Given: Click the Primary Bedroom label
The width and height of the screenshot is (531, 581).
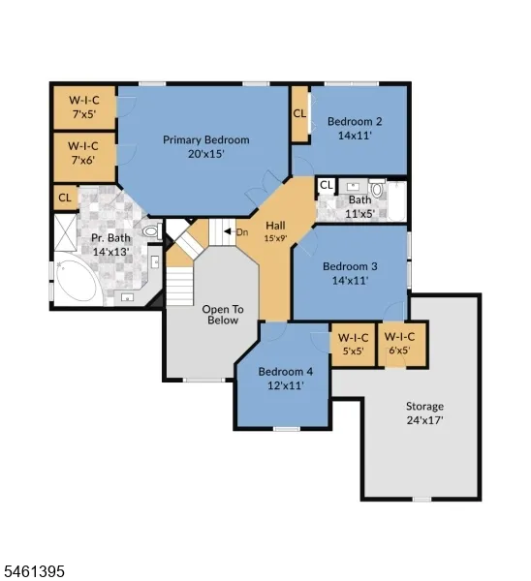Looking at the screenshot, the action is pyautogui.click(x=205, y=140).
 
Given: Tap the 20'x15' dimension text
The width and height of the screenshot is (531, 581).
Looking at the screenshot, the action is pyautogui.click(x=205, y=154).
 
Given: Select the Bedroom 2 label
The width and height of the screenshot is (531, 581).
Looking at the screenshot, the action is pyautogui.click(x=355, y=122).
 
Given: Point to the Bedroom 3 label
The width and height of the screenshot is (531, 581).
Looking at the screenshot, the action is pyautogui.click(x=350, y=266).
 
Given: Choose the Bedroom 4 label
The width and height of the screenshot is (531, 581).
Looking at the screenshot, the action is pyautogui.click(x=286, y=372).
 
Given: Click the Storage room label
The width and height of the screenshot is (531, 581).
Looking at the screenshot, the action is pyautogui.click(x=424, y=407).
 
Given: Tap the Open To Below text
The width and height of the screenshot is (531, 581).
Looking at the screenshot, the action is pyautogui.click(x=223, y=315).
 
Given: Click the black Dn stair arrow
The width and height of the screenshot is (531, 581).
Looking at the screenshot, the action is pyautogui.click(x=227, y=231).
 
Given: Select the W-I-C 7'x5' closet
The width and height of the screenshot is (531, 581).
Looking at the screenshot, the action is pyautogui.click(x=84, y=107).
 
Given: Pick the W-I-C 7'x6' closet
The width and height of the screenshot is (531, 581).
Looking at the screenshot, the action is pyautogui.click(x=84, y=157).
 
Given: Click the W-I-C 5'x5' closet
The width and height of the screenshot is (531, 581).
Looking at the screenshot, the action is pyautogui.click(x=353, y=345).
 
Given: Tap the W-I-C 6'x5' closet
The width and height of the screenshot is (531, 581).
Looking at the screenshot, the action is pyautogui.click(x=402, y=345).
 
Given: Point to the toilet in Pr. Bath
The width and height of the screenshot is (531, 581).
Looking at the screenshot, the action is pyautogui.click(x=152, y=231).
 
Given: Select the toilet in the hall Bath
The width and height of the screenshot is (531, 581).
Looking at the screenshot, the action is pyautogui.click(x=378, y=189).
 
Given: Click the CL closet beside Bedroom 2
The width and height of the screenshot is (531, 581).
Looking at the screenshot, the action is pyautogui.click(x=299, y=113).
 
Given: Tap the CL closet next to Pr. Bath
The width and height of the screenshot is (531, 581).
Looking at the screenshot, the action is pyautogui.click(x=65, y=198).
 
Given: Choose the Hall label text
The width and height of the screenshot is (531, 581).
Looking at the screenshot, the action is pyautogui.click(x=275, y=226).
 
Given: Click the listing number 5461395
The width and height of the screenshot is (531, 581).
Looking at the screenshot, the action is pyautogui.click(x=33, y=570).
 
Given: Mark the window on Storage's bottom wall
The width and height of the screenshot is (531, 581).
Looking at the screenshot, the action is pyautogui.click(x=422, y=499).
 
